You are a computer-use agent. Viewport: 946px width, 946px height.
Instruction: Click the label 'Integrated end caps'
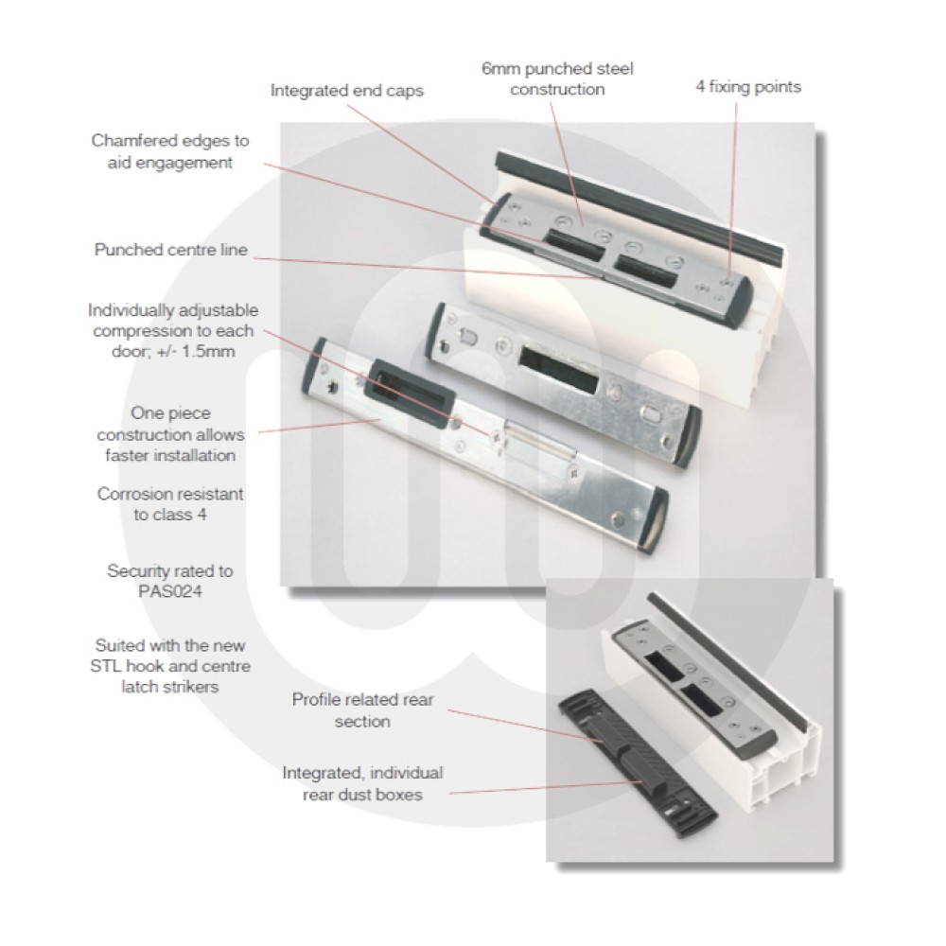[x=347, y=92]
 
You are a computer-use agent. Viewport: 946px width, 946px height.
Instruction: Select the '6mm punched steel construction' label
[x=557, y=79]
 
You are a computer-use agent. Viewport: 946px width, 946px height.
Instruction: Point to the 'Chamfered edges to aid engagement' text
[x=170, y=151]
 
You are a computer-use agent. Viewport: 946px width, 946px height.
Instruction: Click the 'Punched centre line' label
[x=170, y=250]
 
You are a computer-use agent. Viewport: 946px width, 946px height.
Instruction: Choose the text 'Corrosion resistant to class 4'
[x=170, y=504]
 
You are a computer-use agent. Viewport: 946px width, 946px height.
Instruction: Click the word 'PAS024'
[x=170, y=590]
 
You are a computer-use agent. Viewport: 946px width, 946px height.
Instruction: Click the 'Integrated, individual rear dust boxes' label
[x=362, y=783]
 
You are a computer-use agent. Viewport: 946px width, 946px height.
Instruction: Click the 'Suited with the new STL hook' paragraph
[x=170, y=666]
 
